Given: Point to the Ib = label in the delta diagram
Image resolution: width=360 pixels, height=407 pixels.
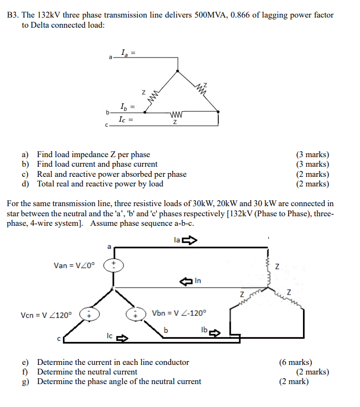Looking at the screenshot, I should pos(127,107).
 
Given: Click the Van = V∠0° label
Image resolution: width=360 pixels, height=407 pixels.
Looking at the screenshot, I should pos(74,265).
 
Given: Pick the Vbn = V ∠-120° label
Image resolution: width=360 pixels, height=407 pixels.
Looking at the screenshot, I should pos(178,313).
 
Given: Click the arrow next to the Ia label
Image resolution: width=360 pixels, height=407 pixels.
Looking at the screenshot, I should pos(190,241).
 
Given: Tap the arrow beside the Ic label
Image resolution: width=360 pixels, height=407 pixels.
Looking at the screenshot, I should pos(122,338).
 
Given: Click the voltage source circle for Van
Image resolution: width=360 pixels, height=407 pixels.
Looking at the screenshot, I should pos(112,265).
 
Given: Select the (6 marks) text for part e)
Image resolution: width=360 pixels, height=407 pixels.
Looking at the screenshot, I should pos(296,362).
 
